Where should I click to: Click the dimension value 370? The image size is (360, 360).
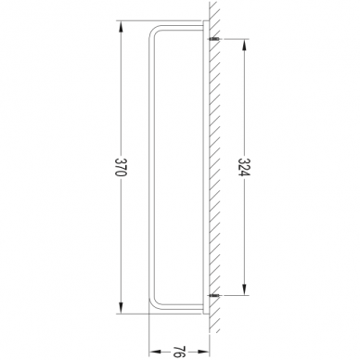tap(121, 167)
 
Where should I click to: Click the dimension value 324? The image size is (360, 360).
tap(244, 167)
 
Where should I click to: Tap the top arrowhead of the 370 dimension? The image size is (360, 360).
tap(121, 27)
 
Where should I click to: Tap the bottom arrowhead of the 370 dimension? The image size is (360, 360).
tap(121, 307)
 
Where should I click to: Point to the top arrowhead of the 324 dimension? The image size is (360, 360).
tap(244, 45)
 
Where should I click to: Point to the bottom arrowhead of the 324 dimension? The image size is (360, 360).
tap(244, 289)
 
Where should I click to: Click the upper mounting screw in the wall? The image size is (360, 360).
tap(214, 39)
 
